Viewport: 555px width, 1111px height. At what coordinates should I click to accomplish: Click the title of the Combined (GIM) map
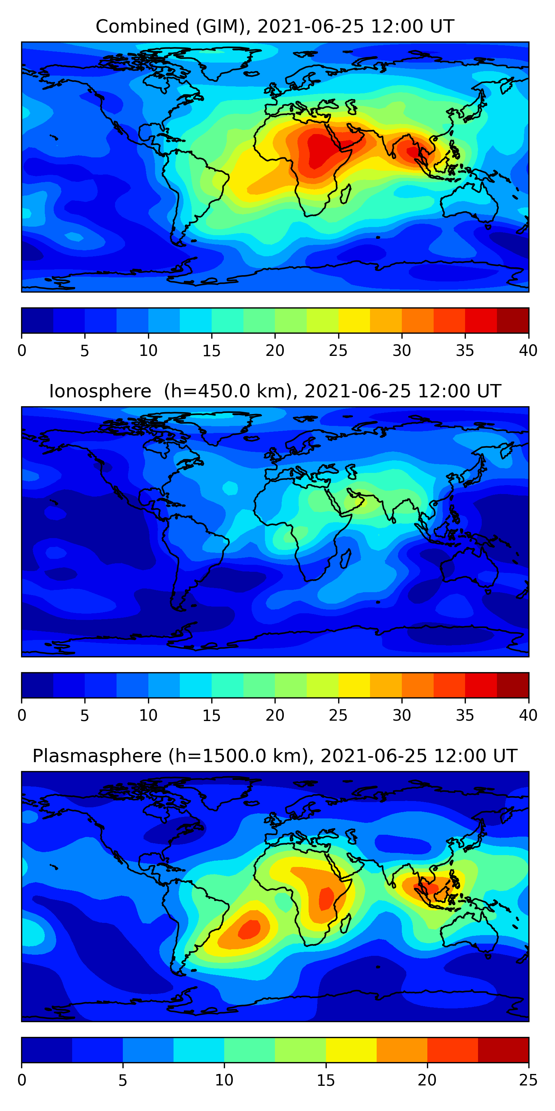[x=275, y=26]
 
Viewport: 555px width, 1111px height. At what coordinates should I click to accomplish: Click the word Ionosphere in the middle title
[x=100, y=391]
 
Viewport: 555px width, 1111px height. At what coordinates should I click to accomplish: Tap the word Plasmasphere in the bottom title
[x=97, y=756]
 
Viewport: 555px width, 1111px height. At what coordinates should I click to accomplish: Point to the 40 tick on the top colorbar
[x=528, y=351]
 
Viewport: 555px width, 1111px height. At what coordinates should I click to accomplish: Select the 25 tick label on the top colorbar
[x=338, y=351]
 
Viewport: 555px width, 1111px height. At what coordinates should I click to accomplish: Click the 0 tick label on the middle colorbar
[x=22, y=715]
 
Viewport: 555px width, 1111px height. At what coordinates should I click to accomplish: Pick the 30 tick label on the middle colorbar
[x=401, y=715]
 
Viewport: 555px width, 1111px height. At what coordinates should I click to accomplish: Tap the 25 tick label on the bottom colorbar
[x=528, y=1080]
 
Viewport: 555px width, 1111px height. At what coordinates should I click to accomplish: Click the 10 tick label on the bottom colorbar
[x=224, y=1080]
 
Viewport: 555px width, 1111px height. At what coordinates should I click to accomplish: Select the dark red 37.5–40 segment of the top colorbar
[x=513, y=320]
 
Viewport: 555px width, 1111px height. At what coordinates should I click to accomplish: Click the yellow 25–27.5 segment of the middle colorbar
[x=354, y=685]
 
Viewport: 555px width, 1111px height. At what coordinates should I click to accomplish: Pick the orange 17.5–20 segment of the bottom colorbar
[x=401, y=1050]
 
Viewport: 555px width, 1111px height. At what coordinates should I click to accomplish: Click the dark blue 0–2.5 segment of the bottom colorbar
[x=47, y=1050]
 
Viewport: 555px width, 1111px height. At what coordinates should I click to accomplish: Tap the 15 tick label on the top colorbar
[x=211, y=351]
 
